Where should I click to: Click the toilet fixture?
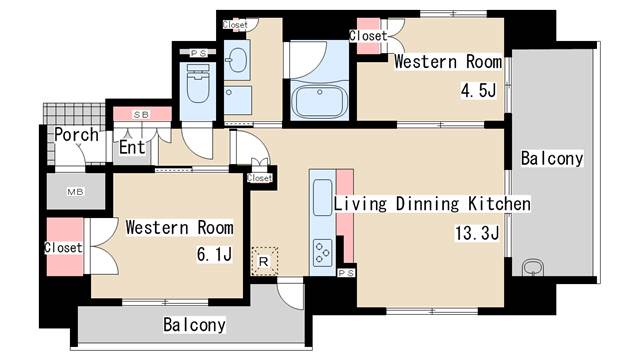tap(198, 83)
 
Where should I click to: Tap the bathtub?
tap(320, 101)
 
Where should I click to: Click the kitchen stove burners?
tap(322, 252)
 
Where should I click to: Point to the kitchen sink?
tap(322, 197)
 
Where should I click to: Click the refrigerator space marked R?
tap(264, 261)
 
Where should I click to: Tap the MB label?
tap(76, 191)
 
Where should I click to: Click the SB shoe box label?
tap(142, 115)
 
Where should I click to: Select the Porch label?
tap(76, 135)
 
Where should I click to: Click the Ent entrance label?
tap(132, 147)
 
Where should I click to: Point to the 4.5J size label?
tap(478, 90)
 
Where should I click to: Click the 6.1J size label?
tap(214, 254)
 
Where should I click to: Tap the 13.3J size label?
tap(477, 233)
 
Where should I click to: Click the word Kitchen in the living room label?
tap(499, 204)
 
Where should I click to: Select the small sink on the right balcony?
tap(533, 268)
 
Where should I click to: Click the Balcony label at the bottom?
tap(194, 325)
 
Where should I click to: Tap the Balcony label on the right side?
tap(552, 158)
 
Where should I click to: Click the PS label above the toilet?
tap(198, 53)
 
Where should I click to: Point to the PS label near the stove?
tap(346, 273)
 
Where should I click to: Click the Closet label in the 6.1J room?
tap(63, 247)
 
